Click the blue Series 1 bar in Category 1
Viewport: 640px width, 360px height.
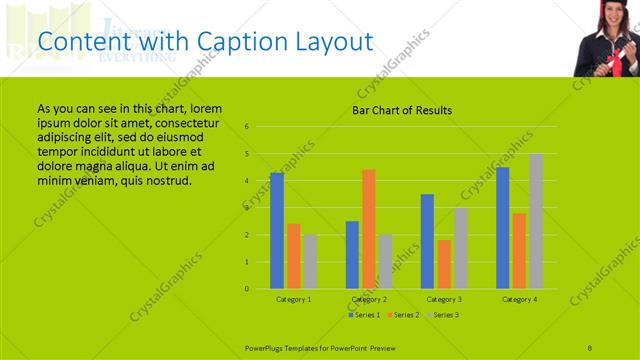tap(277, 231)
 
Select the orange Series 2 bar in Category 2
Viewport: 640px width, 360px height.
tap(369, 229)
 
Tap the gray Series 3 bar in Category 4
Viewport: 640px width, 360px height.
tap(536, 221)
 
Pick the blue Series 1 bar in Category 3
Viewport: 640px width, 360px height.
tap(427, 241)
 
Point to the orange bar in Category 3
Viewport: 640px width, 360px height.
tap(444, 264)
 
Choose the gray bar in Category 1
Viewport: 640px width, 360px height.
tap(310, 262)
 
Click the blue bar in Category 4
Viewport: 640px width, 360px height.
tap(502, 228)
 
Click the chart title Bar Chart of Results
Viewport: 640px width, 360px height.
tap(402, 110)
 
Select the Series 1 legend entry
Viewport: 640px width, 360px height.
tap(362, 315)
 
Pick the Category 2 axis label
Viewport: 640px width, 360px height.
tap(369, 299)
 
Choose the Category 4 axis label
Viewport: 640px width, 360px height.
tap(519, 299)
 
